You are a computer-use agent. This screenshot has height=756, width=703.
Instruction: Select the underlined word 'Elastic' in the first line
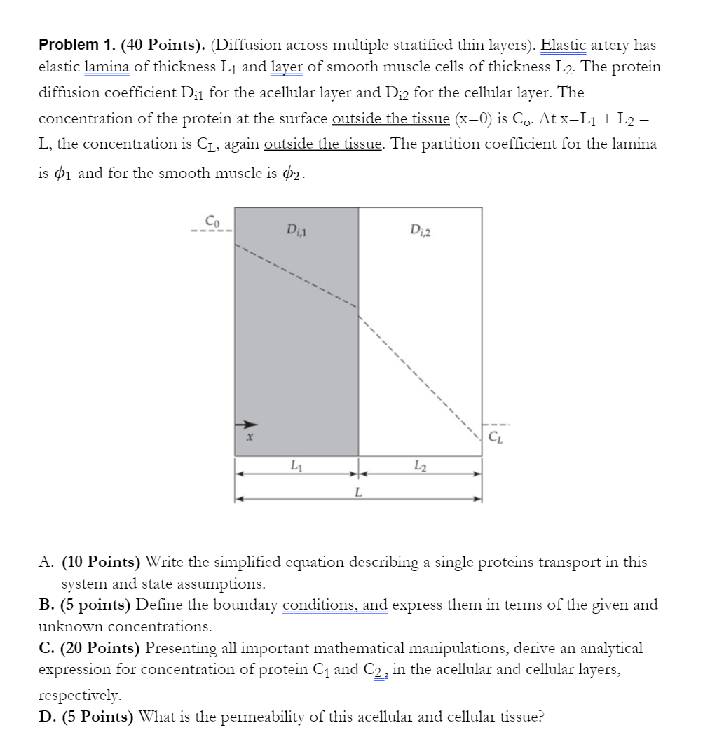[x=564, y=45]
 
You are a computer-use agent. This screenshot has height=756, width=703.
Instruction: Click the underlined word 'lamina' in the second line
[x=106, y=67]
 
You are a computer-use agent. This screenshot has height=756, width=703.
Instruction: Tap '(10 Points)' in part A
[x=101, y=562]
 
